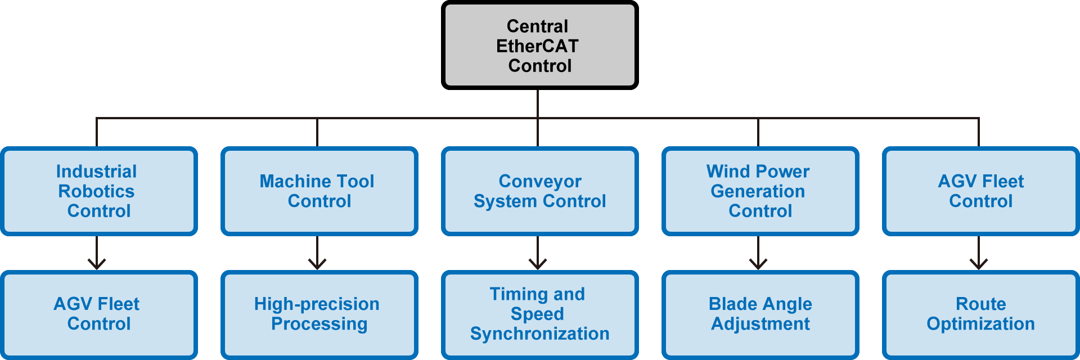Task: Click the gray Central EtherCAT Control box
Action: pos(539,45)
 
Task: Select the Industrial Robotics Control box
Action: pos(99,191)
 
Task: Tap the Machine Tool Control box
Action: pos(319,191)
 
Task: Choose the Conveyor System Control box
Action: pos(539,191)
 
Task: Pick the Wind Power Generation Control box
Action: pos(760,191)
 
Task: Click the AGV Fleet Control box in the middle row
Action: pos(980,191)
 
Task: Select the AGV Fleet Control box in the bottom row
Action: pos(99,314)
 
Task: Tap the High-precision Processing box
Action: pos(319,314)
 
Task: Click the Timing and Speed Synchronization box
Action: pos(539,314)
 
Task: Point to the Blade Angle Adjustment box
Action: pos(760,314)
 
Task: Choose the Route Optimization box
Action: pos(980,314)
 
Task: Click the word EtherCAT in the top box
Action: pos(537,46)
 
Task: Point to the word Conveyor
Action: pos(540,181)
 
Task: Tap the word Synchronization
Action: pos(539,334)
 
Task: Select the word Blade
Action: pos(730,304)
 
